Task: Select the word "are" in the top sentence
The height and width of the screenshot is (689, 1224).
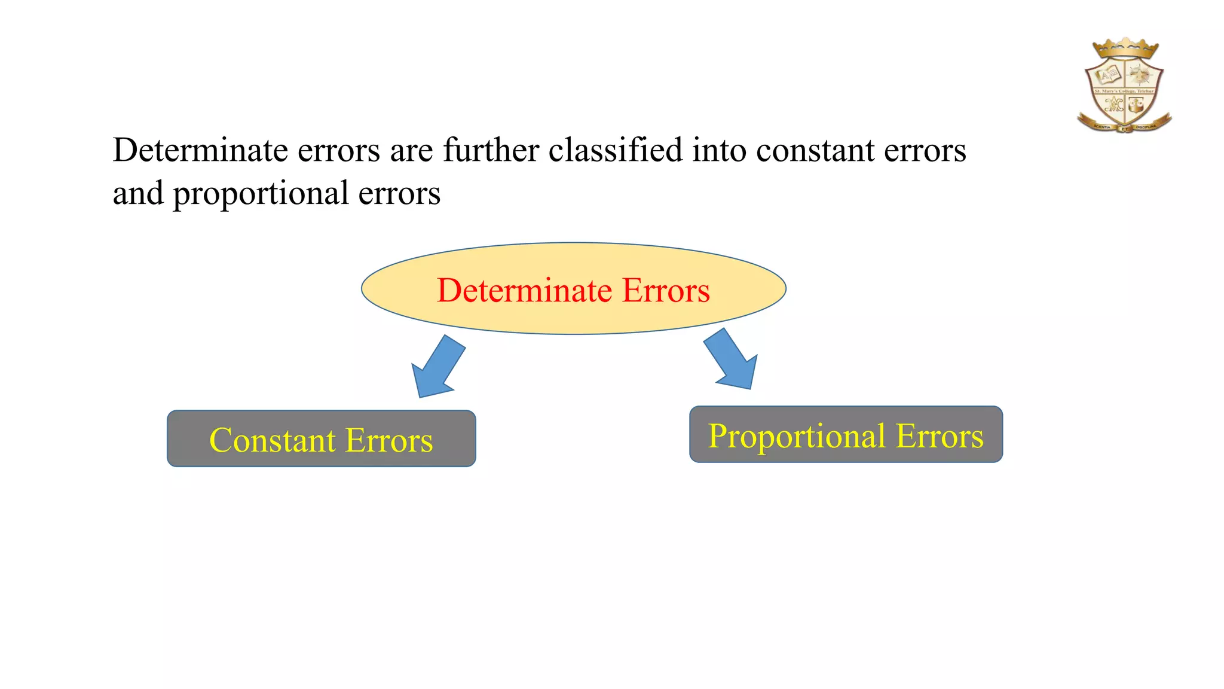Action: (411, 151)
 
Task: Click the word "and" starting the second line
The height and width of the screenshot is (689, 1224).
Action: (138, 193)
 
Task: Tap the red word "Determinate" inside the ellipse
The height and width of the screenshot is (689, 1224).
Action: (524, 291)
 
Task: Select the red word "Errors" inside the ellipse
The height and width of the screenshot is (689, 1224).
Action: (666, 291)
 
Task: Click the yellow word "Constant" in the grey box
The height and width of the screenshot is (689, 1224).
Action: (272, 440)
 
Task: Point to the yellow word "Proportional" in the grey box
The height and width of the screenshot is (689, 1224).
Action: (797, 436)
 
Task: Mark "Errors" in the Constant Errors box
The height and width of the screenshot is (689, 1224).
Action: (389, 440)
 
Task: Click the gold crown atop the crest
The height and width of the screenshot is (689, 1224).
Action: (1125, 48)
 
